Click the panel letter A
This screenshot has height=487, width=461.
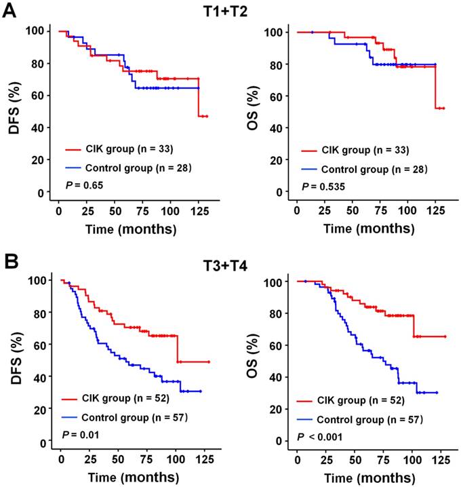(9, 12)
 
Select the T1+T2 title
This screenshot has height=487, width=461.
(232, 12)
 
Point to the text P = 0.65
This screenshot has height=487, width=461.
(81, 182)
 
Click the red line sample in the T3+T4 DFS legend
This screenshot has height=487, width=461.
(71, 400)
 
